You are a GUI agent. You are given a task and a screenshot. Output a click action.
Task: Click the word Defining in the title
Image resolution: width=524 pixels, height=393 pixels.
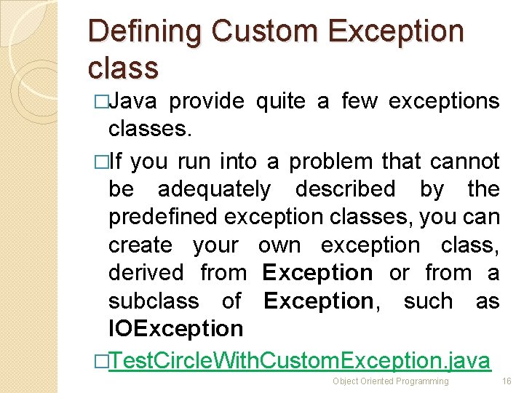pyautogui.click(x=145, y=33)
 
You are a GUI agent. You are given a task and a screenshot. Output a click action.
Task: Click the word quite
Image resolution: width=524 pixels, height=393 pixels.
pyautogui.click(x=282, y=101)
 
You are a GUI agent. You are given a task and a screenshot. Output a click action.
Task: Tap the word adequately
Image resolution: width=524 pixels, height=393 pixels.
pyautogui.click(x=213, y=189)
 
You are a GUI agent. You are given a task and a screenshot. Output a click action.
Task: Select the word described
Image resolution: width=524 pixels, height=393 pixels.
pyautogui.click(x=345, y=189)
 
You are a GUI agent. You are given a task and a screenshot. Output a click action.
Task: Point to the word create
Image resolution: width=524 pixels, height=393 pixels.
pyautogui.click(x=140, y=245)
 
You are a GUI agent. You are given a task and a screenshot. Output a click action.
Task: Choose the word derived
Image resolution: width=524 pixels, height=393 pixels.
pyautogui.click(x=146, y=273)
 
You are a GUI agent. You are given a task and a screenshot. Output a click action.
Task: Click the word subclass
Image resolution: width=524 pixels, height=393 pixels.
pyautogui.click(x=153, y=301)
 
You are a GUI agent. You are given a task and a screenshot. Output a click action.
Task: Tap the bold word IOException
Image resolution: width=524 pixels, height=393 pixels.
pyautogui.click(x=175, y=329)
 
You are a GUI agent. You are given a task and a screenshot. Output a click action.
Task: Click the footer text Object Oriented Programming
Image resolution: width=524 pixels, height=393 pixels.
pyautogui.click(x=390, y=381)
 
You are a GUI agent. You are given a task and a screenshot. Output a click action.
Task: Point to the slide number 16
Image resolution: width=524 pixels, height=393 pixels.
pyautogui.click(x=507, y=381)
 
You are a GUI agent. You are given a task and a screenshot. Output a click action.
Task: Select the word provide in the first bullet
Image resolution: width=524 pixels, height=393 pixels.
pyautogui.click(x=210, y=101)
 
